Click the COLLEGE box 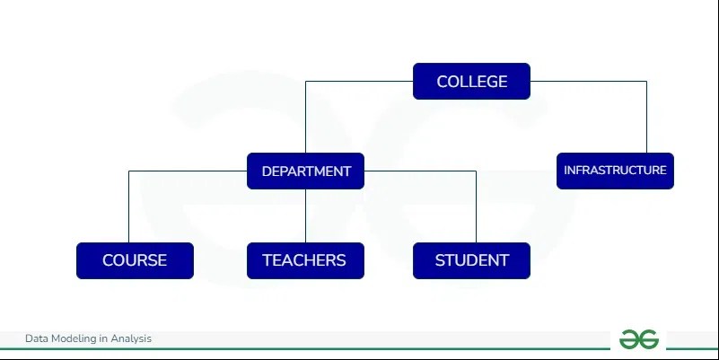(471, 82)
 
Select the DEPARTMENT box (305, 171)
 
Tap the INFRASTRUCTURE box (615, 170)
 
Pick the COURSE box (134, 260)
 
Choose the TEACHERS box (304, 260)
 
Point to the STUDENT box (471, 260)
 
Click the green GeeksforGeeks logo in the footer (638, 339)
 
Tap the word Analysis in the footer (131, 338)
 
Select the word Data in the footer (36, 338)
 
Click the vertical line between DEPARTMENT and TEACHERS (306, 215)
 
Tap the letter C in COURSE (108, 260)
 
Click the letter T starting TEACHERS (267, 260)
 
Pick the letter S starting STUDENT (440, 260)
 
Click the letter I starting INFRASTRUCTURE (566, 170)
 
